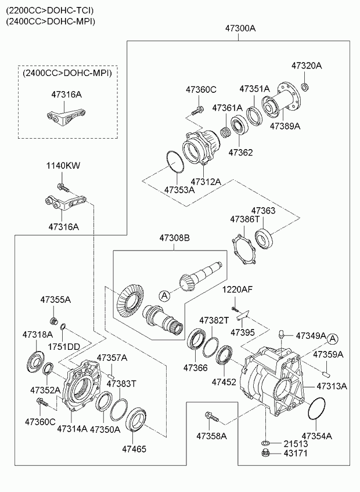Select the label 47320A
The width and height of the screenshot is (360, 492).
pos(306,66)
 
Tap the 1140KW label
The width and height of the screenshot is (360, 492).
pos(63,166)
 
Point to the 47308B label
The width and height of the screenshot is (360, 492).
pos(175,238)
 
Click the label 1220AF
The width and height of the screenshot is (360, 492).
pos(237,290)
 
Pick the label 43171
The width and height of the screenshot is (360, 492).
pos(296,454)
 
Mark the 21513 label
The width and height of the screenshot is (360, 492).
pos(296,443)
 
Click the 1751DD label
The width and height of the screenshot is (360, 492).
pos(64,346)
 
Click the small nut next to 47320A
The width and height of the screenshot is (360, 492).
pos(304,87)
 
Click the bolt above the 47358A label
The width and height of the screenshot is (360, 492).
pos(210,416)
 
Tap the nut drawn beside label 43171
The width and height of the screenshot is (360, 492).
pos(265,454)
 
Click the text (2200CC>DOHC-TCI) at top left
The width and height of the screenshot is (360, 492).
pos(49,10)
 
